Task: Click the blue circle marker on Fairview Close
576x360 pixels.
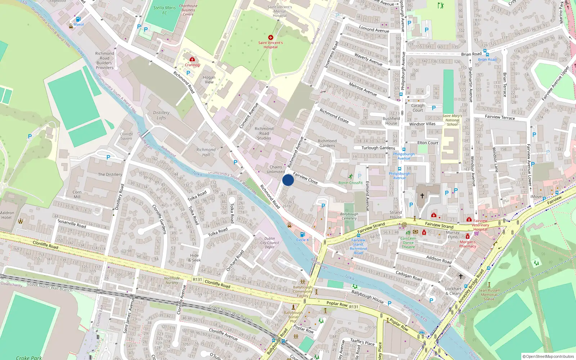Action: tap(288, 180)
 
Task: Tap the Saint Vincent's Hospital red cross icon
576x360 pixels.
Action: tap(271, 37)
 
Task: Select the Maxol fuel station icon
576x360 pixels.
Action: tap(78, 19)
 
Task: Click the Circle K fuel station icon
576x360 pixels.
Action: tap(302, 234)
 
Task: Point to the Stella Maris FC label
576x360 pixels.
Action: tap(165, 10)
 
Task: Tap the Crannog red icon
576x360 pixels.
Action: tap(192, 59)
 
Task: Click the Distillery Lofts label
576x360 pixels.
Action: tap(161, 115)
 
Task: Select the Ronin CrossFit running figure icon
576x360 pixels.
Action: tap(350, 176)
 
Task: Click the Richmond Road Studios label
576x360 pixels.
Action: tap(264, 133)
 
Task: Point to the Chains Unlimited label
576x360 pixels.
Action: tap(276, 169)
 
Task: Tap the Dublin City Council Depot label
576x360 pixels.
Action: tap(270, 243)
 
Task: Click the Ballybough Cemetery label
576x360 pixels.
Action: tap(349, 216)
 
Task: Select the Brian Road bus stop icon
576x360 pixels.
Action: tap(485, 52)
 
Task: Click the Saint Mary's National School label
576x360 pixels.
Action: tap(452, 120)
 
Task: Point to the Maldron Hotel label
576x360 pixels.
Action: tap(7, 215)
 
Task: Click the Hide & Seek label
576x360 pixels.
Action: tap(194, 258)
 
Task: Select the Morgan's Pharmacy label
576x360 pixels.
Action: tap(468, 244)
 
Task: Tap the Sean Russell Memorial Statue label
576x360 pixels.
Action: tap(489, 294)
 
